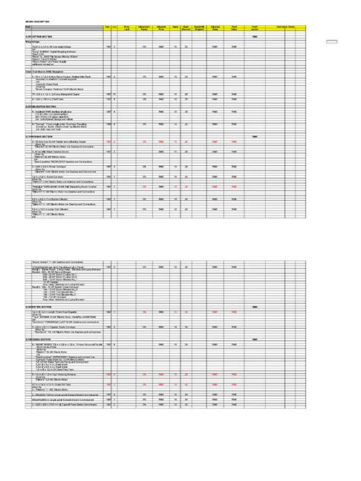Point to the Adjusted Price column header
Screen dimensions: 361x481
coord(161,27)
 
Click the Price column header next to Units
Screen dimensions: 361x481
coord(127,27)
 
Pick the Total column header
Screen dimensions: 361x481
coord(254,27)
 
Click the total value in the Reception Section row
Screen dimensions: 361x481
coord(254,35)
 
